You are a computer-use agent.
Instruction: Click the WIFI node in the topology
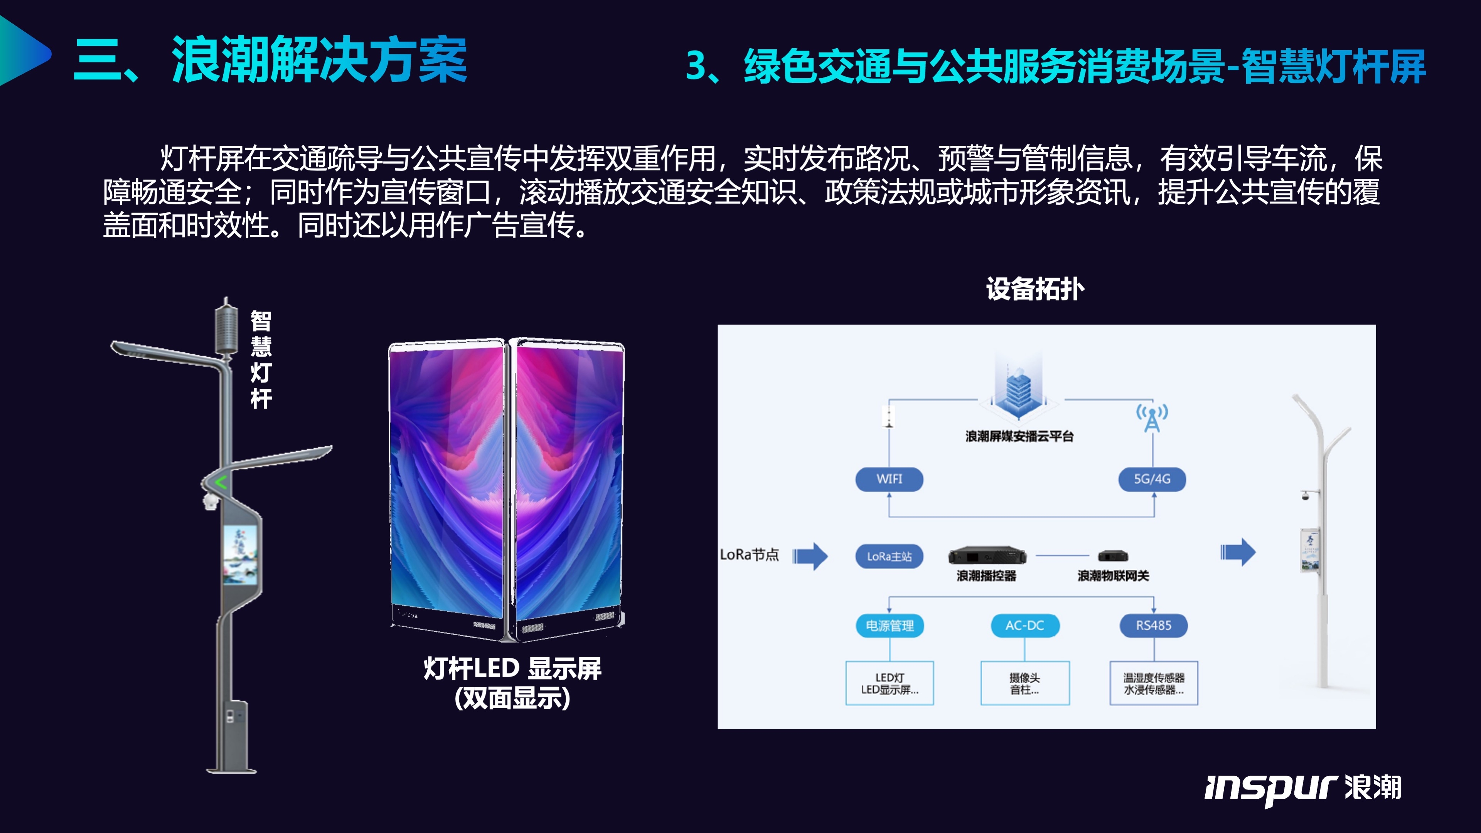[889, 479]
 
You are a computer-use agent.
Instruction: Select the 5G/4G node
[1152, 479]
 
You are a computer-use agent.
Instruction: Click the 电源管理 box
[890, 626]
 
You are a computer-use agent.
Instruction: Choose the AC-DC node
[1024, 626]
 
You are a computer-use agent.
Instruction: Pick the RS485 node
[1153, 626]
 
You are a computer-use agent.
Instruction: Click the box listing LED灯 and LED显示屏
[890, 683]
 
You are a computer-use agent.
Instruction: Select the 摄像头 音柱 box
[1024, 683]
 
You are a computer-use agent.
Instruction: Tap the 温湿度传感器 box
[1153, 683]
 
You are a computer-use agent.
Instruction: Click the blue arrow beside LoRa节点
[810, 555]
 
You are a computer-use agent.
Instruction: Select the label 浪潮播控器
[986, 576]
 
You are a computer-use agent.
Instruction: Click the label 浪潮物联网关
[1113, 576]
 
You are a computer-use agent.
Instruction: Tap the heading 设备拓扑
[1035, 289]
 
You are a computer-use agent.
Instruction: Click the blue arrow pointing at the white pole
[1238, 552]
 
